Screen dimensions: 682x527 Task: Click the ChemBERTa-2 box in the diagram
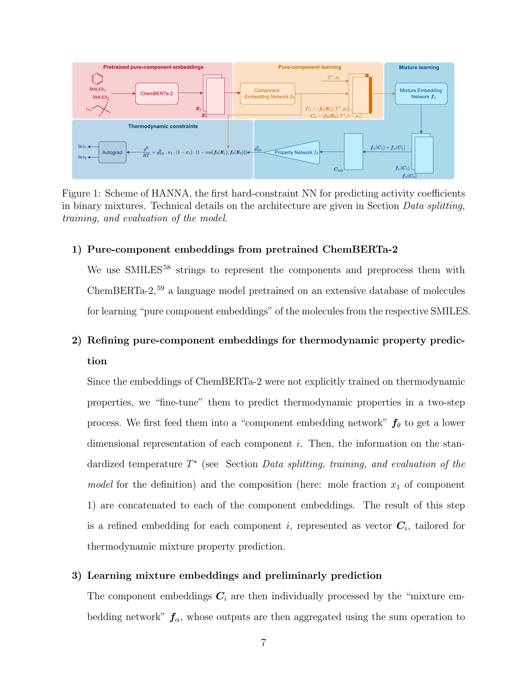coord(157,93)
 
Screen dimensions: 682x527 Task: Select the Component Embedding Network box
coord(267,93)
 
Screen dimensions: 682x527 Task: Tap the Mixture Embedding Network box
coord(421,93)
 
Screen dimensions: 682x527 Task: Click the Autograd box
coord(113,153)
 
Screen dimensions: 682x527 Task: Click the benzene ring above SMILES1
coord(97,79)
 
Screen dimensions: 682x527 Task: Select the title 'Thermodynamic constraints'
coord(163,126)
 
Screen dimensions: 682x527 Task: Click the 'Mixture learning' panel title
coord(419,68)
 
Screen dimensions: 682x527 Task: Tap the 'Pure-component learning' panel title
coord(309,67)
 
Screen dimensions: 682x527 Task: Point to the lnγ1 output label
coord(82,146)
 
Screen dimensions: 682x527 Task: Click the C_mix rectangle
coord(353,152)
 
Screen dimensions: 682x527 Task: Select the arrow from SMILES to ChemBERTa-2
coord(123,93)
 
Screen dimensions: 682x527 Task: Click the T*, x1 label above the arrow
coord(334,77)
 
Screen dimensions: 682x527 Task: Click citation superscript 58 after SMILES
coord(167,267)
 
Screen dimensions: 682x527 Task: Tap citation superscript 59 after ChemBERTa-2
coord(161,288)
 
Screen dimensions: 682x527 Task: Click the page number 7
coord(263,643)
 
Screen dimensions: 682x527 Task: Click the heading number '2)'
coord(77,340)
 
